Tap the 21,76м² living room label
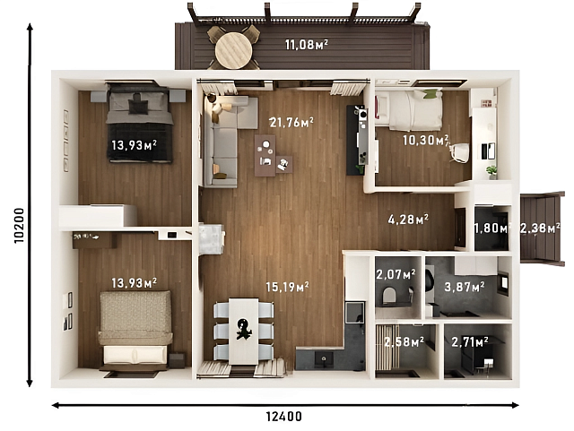pyautogui.click(x=291, y=122)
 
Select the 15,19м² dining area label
pyautogui.click(x=287, y=287)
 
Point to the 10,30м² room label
pyautogui.click(x=425, y=140)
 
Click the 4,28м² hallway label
pyautogui.click(x=407, y=218)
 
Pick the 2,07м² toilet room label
pyautogui.click(x=395, y=274)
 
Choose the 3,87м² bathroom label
pyautogui.click(x=466, y=287)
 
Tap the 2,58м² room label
pyautogui.click(x=403, y=341)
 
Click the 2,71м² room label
pyautogui.click(x=469, y=341)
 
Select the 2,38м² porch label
pyautogui.click(x=540, y=228)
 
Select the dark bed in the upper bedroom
pyautogui.click(x=139, y=123)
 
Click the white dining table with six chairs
pyautogui.click(x=244, y=330)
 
